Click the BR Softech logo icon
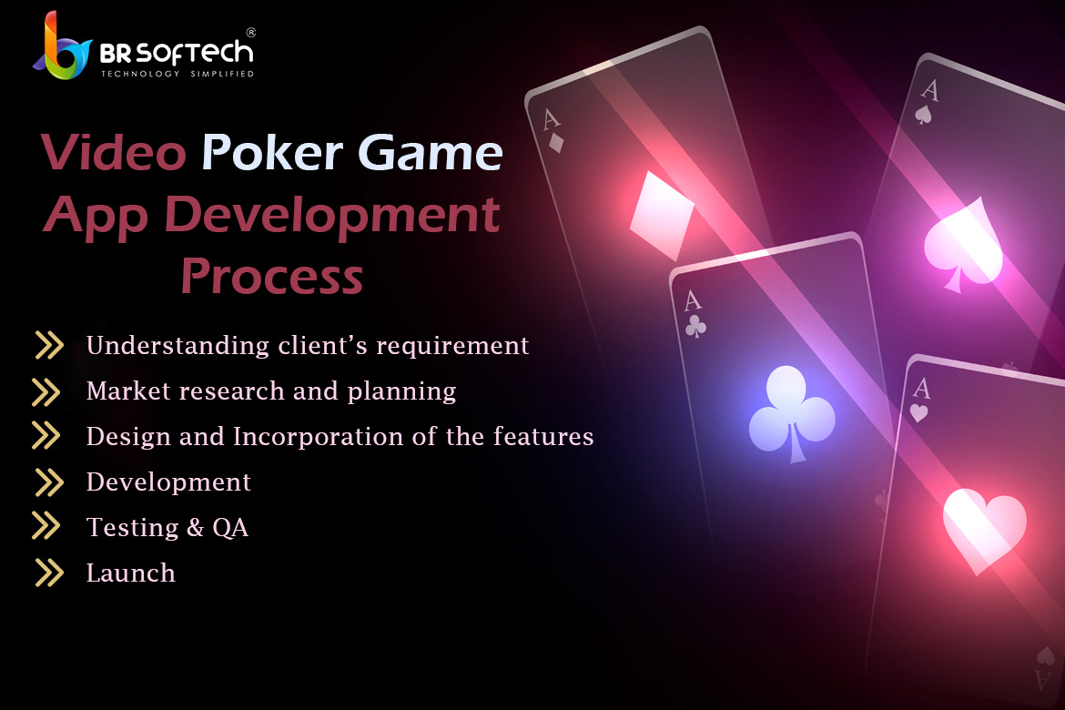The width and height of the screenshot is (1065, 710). pos(62,46)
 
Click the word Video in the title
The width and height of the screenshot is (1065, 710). pos(113,152)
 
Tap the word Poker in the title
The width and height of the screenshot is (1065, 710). pos(271,152)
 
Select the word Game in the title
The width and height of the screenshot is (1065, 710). pos(430,152)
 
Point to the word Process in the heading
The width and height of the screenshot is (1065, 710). pos(271,277)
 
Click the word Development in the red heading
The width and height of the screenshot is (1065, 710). pos(331,216)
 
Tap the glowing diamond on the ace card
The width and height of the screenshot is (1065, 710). pos(661,216)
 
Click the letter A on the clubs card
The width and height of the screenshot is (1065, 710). pos(692,300)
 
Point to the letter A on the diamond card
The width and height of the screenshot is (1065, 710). pos(551,119)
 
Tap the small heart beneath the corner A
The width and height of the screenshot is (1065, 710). pos(918,412)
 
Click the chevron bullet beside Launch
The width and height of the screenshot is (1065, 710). pos(49,573)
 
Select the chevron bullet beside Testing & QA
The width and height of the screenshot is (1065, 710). pos(46,526)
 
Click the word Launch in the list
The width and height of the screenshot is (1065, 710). pos(130,573)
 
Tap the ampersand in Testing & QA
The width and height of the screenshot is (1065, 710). pos(195,527)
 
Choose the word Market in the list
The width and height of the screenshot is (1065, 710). pos(128,390)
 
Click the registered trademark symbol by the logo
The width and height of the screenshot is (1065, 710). pos(250,32)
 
